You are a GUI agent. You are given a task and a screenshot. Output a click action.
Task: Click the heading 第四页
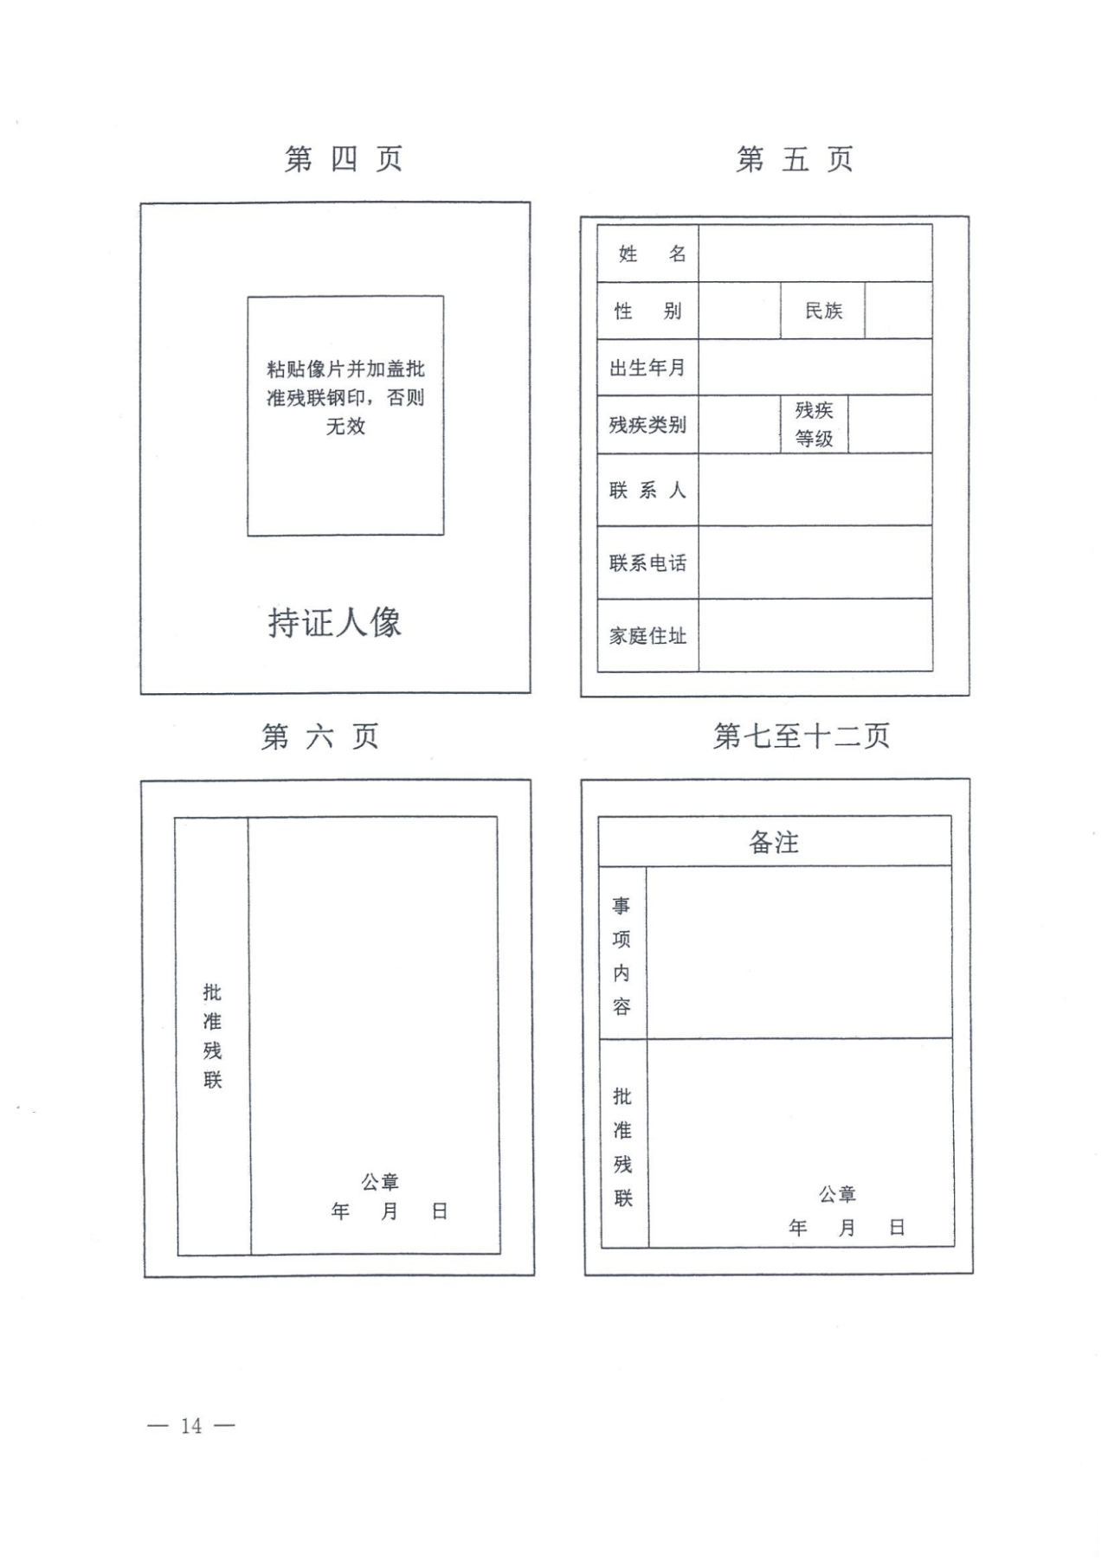coord(344,159)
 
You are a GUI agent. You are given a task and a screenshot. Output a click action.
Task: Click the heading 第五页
coord(795,159)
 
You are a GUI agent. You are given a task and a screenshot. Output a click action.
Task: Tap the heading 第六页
coord(320,736)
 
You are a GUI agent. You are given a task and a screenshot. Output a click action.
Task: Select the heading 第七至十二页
coord(802,736)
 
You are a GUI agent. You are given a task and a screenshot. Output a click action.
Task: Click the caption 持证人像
coord(335,623)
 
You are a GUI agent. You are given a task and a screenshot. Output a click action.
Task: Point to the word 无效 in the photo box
coord(345,426)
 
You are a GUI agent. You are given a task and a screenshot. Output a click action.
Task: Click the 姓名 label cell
coord(648,254)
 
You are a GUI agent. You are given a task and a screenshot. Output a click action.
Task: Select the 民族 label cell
coord(823,311)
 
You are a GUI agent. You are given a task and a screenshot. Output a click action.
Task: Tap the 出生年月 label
coord(647,368)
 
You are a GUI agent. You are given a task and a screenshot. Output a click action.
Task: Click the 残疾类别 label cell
coord(648,425)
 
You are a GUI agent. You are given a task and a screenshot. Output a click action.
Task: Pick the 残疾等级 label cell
coord(815,424)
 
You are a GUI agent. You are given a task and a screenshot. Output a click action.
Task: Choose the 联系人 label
coord(647,491)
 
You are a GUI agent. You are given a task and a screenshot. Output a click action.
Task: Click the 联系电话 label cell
coord(648,562)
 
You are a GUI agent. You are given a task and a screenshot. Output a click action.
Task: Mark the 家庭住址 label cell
coord(648,635)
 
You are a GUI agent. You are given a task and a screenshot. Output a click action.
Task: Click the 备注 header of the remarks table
coord(775,841)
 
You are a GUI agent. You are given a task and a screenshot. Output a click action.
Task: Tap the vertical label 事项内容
coord(622,955)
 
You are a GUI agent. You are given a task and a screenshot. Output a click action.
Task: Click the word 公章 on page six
coord(380,1181)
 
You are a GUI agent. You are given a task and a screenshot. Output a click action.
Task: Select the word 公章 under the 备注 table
coord(837,1195)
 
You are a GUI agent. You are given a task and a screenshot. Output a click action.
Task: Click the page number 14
coord(191,1426)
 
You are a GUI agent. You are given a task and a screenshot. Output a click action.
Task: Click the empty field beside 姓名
coord(815,254)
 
